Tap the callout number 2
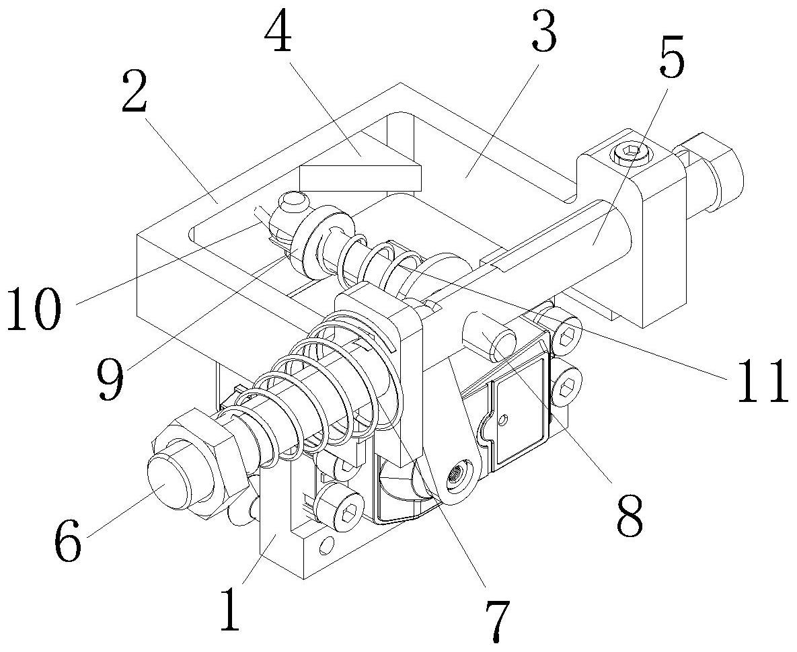[x=135, y=92]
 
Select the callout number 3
[x=544, y=32]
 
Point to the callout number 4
[x=278, y=33]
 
